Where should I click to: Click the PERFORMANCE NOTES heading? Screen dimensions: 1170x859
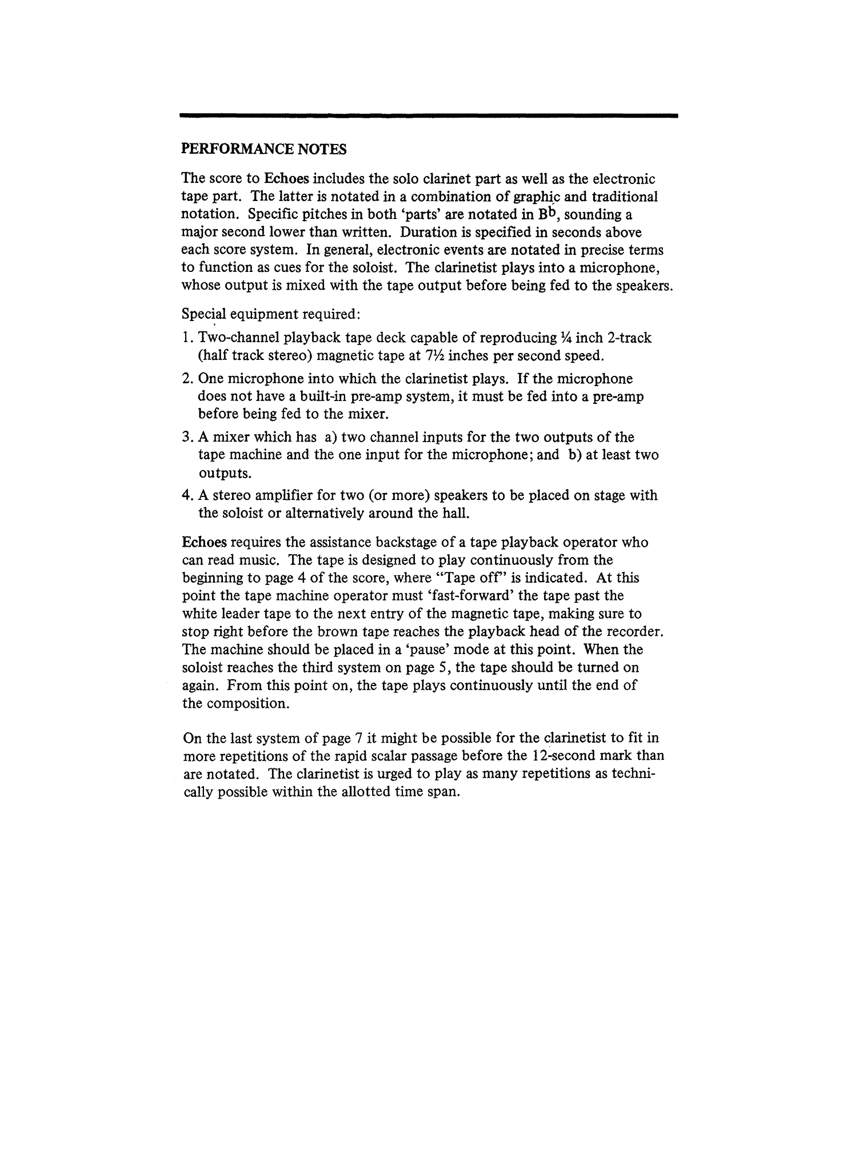(x=263, y=150)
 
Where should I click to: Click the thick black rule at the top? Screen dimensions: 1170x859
(x=428, y=116)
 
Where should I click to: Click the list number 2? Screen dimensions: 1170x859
(x=187, y=379)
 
